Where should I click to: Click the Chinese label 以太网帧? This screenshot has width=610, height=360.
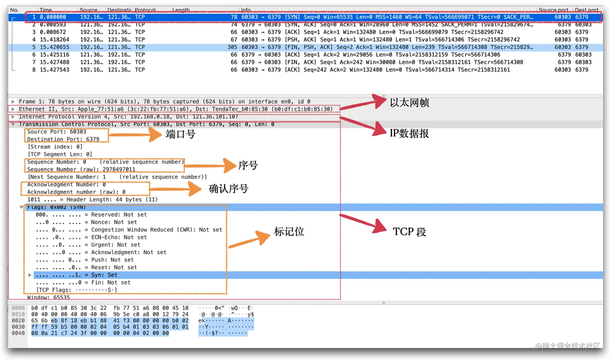point(409,103)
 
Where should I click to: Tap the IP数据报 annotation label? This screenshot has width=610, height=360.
point(409,133)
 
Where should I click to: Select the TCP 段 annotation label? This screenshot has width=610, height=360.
point(409,232)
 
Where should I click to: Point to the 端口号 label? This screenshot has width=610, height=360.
point(180,134)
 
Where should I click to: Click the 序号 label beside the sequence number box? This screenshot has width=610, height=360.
point(248,165)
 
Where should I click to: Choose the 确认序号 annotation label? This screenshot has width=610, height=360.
point(228,189)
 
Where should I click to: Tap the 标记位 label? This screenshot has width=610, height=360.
point(289,231)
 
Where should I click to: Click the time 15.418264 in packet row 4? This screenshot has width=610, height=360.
point(54,40)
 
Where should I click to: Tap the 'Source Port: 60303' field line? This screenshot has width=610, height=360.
point(56,132)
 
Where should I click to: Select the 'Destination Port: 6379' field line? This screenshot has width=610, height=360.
point(63,139)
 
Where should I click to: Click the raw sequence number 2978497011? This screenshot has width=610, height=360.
point(119,169)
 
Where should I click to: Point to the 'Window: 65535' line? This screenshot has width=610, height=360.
point(48,298)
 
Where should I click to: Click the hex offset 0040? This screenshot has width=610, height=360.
point(18,333)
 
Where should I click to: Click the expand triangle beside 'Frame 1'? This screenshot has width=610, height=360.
point(13,102)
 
